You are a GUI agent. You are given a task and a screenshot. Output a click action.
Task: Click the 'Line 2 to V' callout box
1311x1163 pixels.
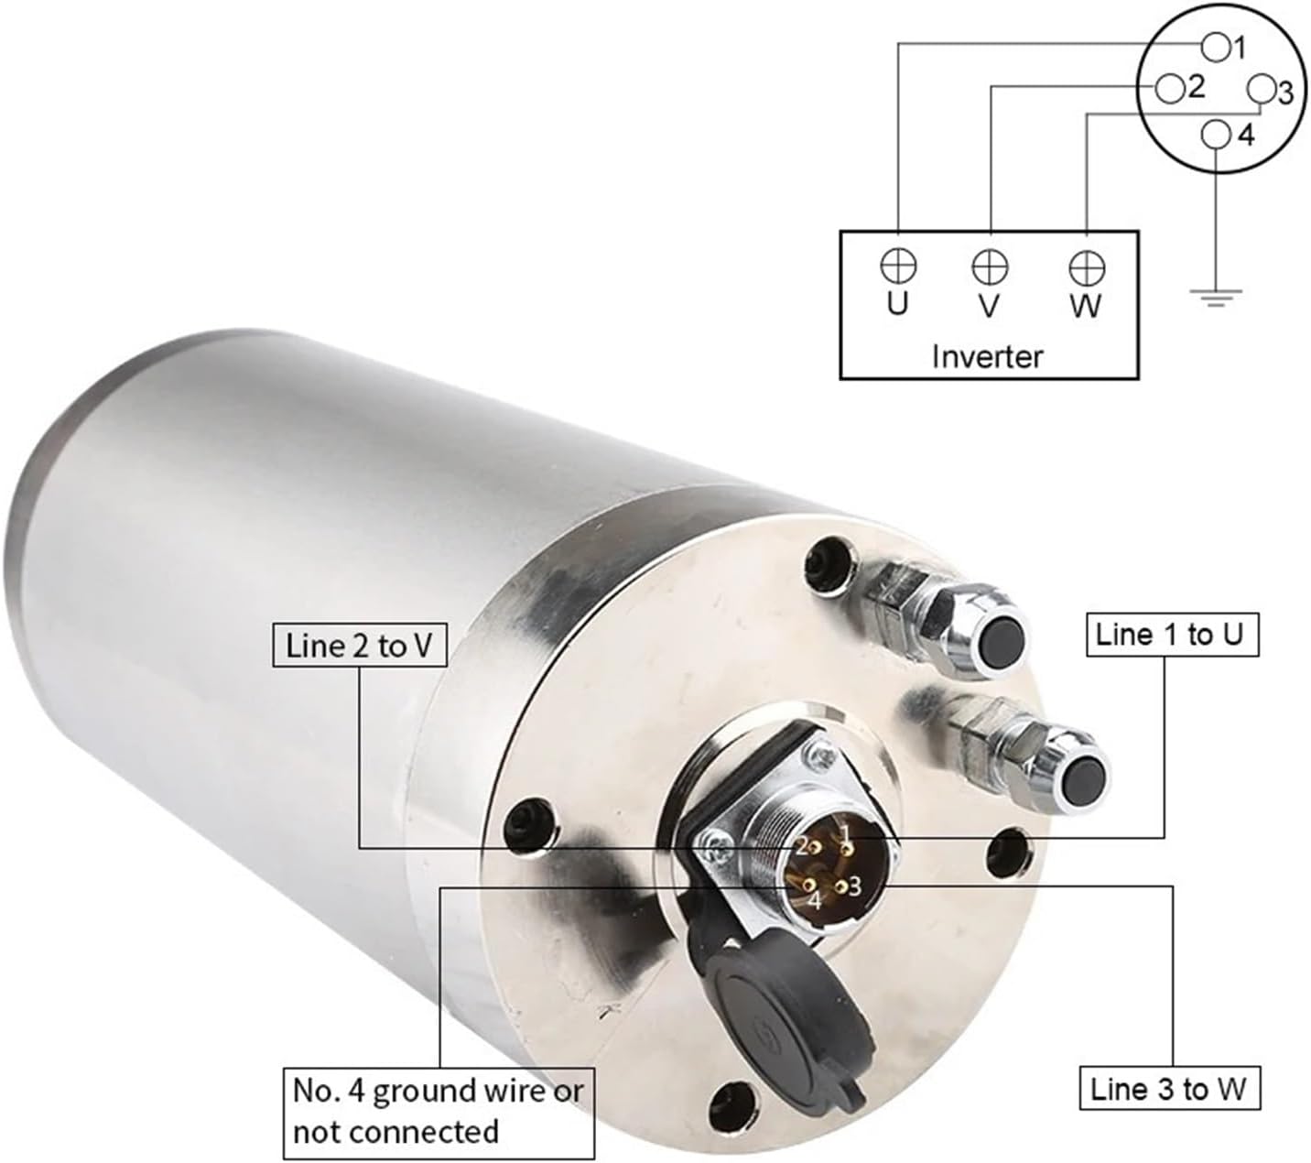coord(360,645)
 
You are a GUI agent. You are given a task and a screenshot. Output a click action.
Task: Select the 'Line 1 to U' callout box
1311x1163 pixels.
coord(1172,635)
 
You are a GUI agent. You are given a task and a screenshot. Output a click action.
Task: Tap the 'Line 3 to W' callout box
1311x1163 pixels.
coord(1170,1089)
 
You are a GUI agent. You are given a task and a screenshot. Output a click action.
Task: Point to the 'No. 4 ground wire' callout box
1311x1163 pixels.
coord(439,1114)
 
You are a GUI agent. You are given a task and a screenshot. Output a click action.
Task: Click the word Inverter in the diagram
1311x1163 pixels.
coord(987,356)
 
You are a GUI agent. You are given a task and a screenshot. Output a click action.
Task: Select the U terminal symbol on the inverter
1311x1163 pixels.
coord(898,266)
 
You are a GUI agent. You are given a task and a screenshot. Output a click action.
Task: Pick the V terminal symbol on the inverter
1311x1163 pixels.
coord(990,266)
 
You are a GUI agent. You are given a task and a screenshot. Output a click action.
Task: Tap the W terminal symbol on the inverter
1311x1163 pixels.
coord(1086,268)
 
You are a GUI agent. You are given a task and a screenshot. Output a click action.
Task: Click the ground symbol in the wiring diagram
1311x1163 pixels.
coord(1216,298)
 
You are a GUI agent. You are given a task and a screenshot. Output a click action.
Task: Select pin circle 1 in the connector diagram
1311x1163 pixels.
coord(1216,48)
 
